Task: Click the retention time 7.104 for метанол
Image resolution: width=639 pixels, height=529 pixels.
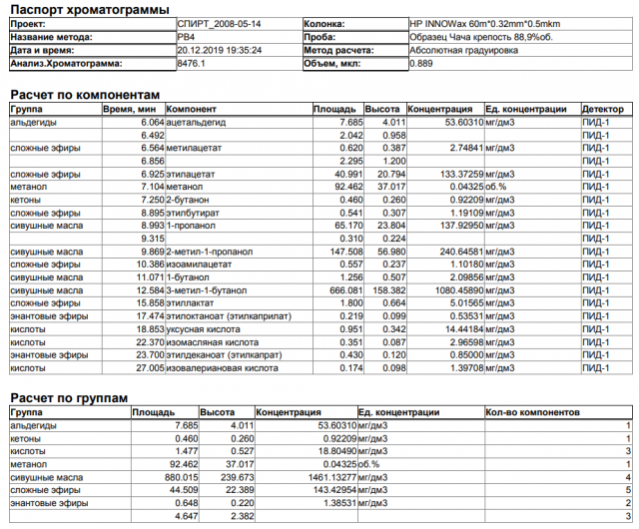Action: click(146, 187)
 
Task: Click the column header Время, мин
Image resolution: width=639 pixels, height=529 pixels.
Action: click(130, 108)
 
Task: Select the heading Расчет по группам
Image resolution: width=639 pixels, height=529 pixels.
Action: click(68, 397)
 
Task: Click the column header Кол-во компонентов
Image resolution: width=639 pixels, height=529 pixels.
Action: click(534, 411)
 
